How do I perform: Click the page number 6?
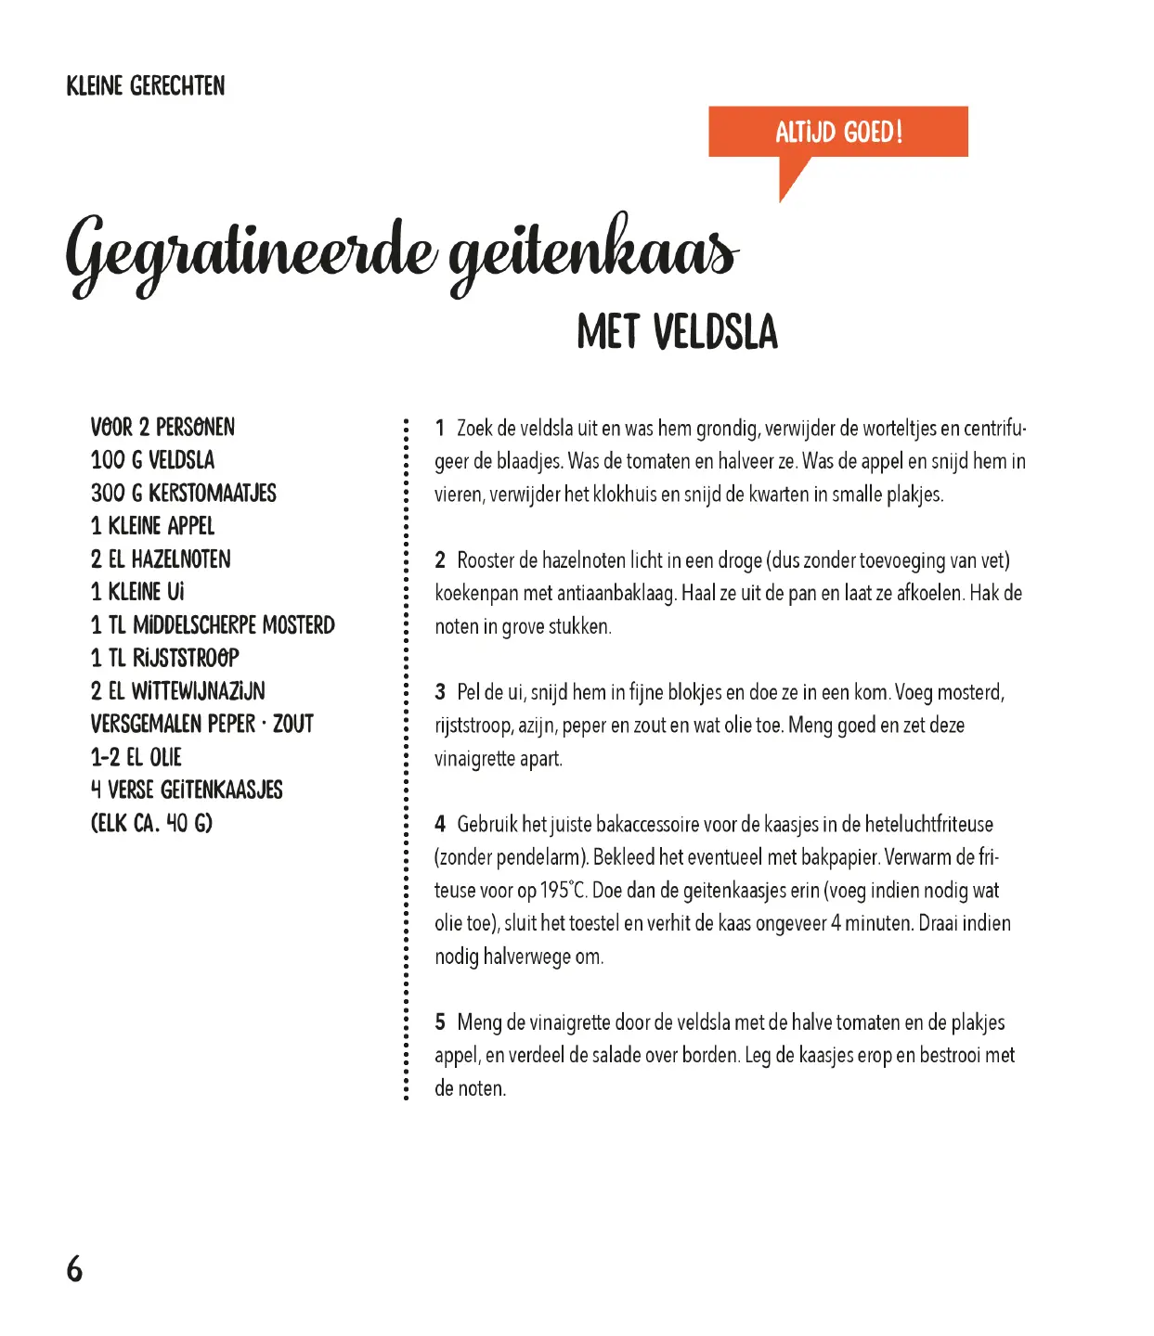[x=74, y=1268]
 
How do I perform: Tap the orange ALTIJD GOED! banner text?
[x=838, y=132]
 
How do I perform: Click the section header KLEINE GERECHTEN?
[x=146, y=86]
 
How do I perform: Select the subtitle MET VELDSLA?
[x=677, y=332]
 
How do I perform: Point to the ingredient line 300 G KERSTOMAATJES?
[x=184, y=493]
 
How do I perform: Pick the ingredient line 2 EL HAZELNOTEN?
[x=161, y=559]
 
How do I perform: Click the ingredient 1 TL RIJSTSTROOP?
[x=165, y=658]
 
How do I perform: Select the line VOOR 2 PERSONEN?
[x=162, y=427]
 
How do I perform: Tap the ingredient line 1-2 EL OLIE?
[x=136, y=757]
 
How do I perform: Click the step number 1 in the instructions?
[x=440, y=429]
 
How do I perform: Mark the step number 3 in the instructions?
[x=440, y=692]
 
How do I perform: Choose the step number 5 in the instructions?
[x=440, y=1022]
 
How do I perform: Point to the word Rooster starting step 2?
[x=486, y=560]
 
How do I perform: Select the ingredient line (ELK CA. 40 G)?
[x=151, y=823]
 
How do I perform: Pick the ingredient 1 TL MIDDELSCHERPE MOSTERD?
[x=213, y=624]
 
